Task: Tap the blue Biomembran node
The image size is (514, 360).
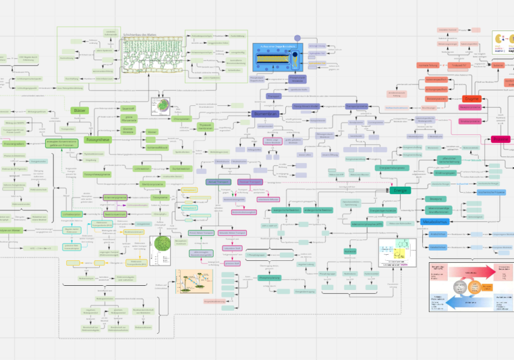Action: [x=265, y=114]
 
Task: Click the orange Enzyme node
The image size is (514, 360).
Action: [x=472, y=99]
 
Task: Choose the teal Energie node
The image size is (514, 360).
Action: [x=400, y=190]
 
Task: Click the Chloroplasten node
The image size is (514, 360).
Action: [x=182, y=119]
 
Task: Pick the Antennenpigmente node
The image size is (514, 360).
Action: [x=114, y=198]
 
